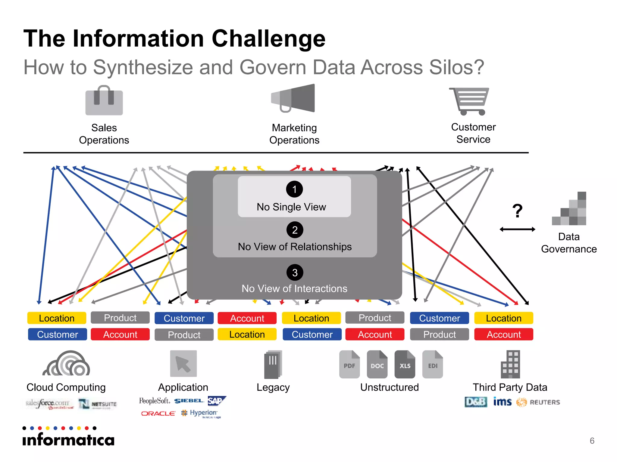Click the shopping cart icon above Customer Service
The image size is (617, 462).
[469, 101]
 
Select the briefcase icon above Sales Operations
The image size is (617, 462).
[104, 100]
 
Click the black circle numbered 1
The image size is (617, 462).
[294, 189]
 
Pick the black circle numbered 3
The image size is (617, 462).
[295, 273]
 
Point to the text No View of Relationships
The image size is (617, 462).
[295, 247]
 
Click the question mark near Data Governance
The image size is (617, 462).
[517, 211]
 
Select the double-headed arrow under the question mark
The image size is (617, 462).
[517, 229]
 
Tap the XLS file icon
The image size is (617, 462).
[405, 364]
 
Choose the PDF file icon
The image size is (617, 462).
[349, 364]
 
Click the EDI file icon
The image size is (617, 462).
[432, 364]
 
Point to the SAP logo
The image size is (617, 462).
[216, 401]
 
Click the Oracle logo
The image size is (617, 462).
[158, 414]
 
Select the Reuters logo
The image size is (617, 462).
[539, 402]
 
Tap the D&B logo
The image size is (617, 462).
[475, 402]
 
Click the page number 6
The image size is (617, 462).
[592, 441]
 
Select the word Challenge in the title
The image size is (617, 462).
[268, 38]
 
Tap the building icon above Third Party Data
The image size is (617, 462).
[510, 364]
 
